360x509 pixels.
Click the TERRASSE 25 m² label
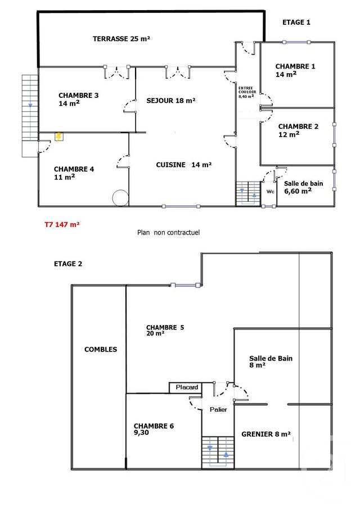(121, 39)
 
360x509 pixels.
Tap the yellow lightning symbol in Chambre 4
(58, 137)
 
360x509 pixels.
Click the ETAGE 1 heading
(296, 22)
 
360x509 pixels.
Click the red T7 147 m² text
(62, 224)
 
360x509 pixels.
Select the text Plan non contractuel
(169, 232)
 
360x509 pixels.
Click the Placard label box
(186, 388)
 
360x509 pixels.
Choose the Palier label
(218, 409)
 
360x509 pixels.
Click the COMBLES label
(101, 349)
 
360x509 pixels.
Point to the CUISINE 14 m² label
(183, 165)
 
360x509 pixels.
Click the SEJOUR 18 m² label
(170, 101)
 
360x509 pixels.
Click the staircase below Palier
(218, 451)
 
